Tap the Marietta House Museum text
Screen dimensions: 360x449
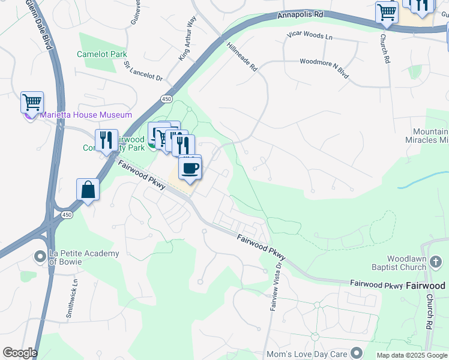pos(86,115)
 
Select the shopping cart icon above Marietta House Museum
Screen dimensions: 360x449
pos(32,102)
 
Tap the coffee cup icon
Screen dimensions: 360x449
pos(190,168)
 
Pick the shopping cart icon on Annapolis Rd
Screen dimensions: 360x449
pos(387,12)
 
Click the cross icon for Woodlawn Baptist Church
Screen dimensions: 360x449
pos(436,262)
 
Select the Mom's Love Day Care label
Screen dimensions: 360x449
pos(311,352)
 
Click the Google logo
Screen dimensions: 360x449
pos(19,353)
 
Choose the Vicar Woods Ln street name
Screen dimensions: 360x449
pos(309,37)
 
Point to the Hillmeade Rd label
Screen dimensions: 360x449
pos(242,57)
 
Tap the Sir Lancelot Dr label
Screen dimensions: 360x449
pos(143,70)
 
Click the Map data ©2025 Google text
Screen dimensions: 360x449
pos(412,355)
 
